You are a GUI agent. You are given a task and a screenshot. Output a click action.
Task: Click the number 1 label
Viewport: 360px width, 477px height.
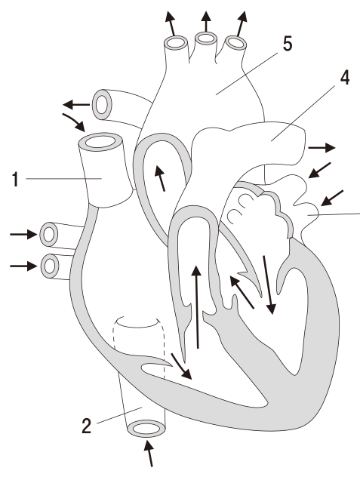pos(15,179)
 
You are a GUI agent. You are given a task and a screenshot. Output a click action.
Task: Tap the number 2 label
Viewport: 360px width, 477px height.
pos(87,426)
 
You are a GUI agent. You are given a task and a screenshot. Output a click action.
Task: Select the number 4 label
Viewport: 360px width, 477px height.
pos(345,78)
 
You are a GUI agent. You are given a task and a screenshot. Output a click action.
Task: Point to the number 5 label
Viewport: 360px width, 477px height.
pos(288,44)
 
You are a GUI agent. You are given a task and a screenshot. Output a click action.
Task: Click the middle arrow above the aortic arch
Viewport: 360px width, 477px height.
pos(206,22)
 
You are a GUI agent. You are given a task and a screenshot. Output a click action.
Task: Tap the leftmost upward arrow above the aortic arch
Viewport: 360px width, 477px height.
pos(171,23)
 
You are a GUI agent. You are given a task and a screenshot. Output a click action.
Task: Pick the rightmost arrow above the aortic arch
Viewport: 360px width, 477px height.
pos(242,23)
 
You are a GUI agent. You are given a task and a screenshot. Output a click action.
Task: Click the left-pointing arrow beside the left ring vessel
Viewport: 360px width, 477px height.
pos(76,105)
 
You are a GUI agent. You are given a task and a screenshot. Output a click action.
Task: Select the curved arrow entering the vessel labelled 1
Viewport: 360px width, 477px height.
pos(74,122)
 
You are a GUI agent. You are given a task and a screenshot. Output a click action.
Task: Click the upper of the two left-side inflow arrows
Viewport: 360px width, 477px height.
pos(23,234)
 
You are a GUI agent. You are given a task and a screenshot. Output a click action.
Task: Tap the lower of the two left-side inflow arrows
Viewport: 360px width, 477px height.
pos(23,266)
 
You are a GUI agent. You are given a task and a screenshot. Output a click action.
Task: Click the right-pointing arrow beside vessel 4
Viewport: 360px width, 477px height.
pos(322,148)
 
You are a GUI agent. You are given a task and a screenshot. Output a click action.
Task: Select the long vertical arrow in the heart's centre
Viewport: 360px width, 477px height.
pos(197,306)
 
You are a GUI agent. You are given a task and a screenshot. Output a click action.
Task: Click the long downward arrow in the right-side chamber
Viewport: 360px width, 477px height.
pos(269,285)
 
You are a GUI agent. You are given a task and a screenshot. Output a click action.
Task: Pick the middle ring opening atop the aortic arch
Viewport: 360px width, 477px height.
pos(206,38)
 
